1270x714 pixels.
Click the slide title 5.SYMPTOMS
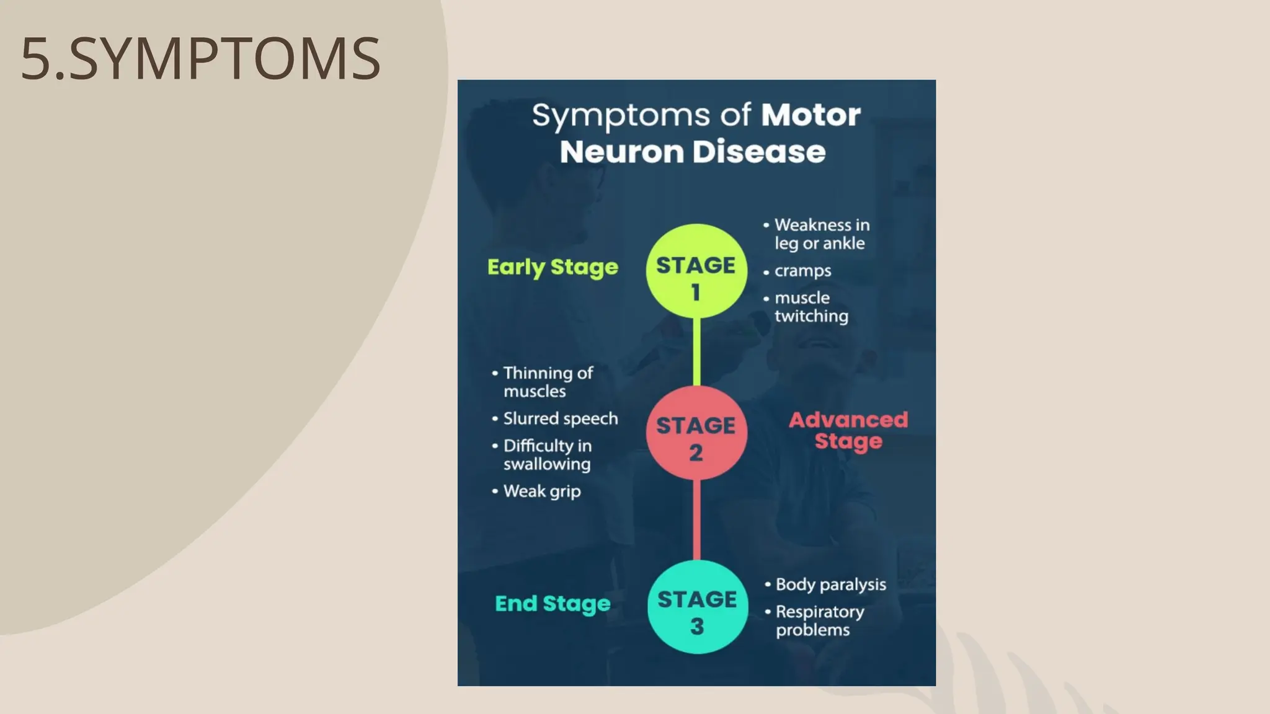200,59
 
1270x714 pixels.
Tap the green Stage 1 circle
696,271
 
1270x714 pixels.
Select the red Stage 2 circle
696,433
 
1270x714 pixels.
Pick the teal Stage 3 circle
697,607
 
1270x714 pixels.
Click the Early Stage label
553,267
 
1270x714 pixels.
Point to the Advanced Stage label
848,430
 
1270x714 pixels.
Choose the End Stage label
553,604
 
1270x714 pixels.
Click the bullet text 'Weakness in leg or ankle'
821,234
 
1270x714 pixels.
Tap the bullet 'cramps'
802,271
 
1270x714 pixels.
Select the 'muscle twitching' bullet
810,307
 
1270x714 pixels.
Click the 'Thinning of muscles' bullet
548,382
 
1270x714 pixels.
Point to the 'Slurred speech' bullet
560,419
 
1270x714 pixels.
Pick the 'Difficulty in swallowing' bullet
547,455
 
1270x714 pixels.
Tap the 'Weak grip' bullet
541,491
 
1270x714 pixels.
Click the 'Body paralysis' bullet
830,584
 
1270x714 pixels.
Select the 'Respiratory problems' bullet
819,620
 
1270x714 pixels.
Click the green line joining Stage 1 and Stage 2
696,352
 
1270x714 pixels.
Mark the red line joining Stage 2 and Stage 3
696,519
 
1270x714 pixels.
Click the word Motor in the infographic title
810,115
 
